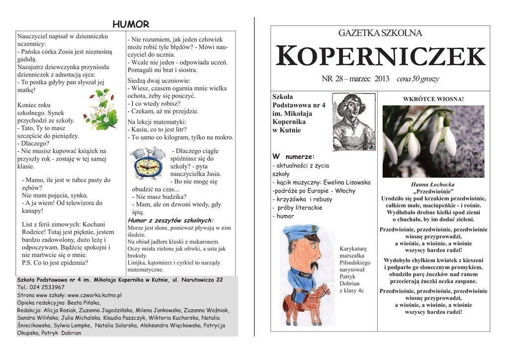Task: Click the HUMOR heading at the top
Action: pyautogui.click(x=131, y=24)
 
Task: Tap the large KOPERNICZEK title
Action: pyautogui.click(x=380, y=56)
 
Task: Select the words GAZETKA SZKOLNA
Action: pyautogui.click(x=380, y=33)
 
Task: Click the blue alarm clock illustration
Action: pyautogui.click(x=147, y=164)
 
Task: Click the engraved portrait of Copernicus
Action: pyautogui.click(x=353, y=122)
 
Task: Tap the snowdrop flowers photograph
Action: pyautogui.click(x=433, y=141)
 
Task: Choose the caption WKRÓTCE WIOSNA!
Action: pyautogui.click(x=433, y=99)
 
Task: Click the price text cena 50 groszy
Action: pyautogui.click(x=418, y=79)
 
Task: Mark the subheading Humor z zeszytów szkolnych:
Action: pyautogui.click(x=170, y=220)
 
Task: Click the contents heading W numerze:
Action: pyautogui.click(x=294, y=157)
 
